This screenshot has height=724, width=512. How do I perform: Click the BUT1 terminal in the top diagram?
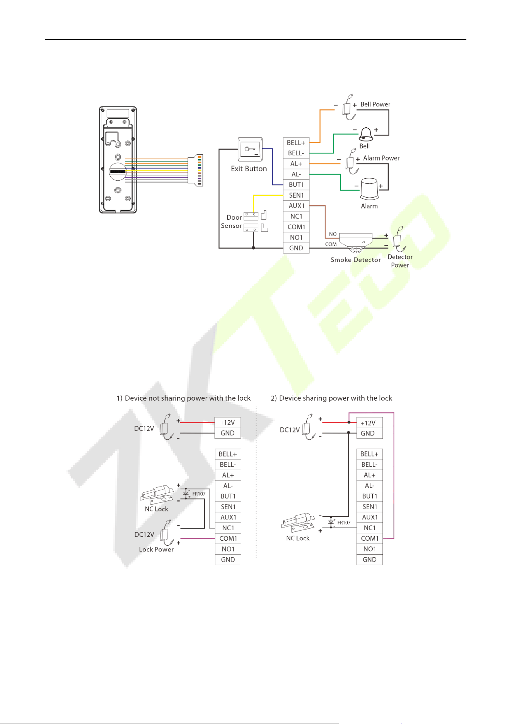pos(296,185)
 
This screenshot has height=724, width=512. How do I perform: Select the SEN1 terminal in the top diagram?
pos(296,195)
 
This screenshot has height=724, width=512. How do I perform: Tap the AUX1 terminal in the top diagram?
pos(296,206)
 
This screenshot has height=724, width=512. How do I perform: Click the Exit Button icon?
pos(250,149)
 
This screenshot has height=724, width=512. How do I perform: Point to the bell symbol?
pos(366,134)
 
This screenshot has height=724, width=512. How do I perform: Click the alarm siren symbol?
pos(369,189)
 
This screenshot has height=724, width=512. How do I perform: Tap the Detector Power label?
pos(400,261)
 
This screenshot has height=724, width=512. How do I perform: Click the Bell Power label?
pos(375,104)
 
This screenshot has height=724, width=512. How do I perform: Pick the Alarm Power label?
pos(381,158)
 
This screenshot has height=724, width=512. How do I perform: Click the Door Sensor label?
pos(231,222)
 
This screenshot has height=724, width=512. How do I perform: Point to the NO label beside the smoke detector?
pos(333,234)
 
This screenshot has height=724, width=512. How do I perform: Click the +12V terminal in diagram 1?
pos(227,423)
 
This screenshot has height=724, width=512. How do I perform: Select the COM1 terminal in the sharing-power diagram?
pos(370,538)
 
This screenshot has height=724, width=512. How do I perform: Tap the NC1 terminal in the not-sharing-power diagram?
pos(228,528)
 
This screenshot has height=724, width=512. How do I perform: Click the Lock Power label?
pos(156,550)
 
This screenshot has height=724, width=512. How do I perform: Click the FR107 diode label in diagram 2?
pos(344,523)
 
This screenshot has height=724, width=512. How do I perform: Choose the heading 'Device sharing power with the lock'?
pos(336,398)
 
